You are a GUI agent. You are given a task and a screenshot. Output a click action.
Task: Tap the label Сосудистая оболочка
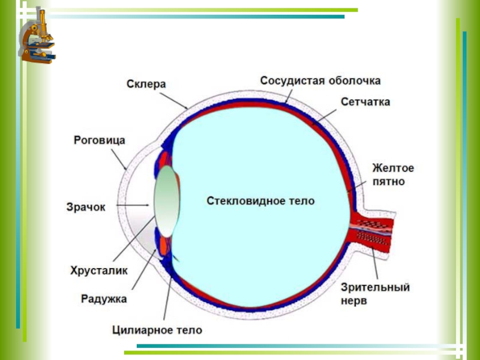point(320,80)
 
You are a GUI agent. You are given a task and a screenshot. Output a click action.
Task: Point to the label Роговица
point(100,141)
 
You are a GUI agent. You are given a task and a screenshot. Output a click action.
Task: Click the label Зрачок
point(85,207)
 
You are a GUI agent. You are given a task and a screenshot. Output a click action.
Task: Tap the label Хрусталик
point(99,271)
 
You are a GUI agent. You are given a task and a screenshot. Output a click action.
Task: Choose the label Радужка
point(104,298)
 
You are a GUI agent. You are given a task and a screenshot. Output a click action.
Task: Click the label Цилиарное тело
point(157,330)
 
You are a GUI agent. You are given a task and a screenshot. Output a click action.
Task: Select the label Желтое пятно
point(393,173)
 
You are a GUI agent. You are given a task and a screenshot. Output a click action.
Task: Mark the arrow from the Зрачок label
point(130,206)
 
